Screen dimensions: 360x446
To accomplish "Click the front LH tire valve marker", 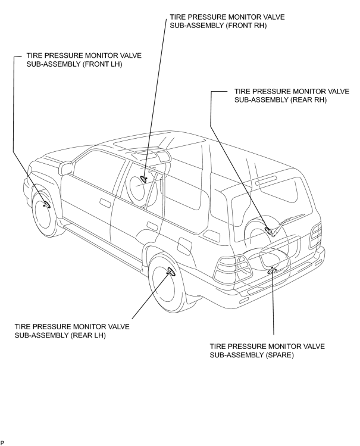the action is pos(46,205).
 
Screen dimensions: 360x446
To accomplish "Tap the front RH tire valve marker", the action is pos(145,179).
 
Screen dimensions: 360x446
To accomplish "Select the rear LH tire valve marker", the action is pos(171,272).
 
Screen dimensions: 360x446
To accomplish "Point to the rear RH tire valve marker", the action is pos(268,229).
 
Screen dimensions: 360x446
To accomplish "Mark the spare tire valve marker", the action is pos(271,270).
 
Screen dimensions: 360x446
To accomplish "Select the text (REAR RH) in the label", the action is pos(309,100).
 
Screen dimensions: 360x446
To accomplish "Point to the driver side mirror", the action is pos(65,169).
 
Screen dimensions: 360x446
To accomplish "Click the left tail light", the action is pos(233,269).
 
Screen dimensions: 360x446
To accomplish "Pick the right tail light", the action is pos(316,235).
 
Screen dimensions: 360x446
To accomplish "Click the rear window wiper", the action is pos(287,224).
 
